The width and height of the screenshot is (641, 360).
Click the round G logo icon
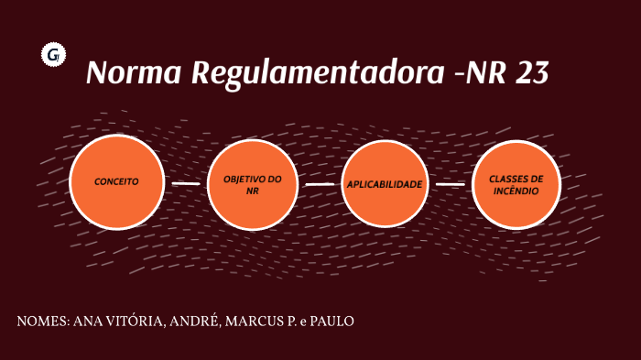tap(52, 56)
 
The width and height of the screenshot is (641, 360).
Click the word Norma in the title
tap(133, 73)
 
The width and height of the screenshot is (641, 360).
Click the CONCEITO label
tap(116, 181)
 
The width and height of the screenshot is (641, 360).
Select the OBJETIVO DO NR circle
tap(253, 184)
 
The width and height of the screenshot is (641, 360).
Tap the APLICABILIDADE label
tap(385, 184)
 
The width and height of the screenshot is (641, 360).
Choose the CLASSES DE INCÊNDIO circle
tap(516, 184)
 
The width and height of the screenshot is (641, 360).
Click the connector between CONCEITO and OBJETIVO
tap(185, 183)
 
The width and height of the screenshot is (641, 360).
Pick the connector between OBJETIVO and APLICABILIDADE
tap(319, 184)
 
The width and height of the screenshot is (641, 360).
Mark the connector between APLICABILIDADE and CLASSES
tap(451, 184)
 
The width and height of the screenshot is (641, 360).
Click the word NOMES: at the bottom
tap(41, 322)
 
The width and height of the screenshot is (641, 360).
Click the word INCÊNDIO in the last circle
tap(516, 191)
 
